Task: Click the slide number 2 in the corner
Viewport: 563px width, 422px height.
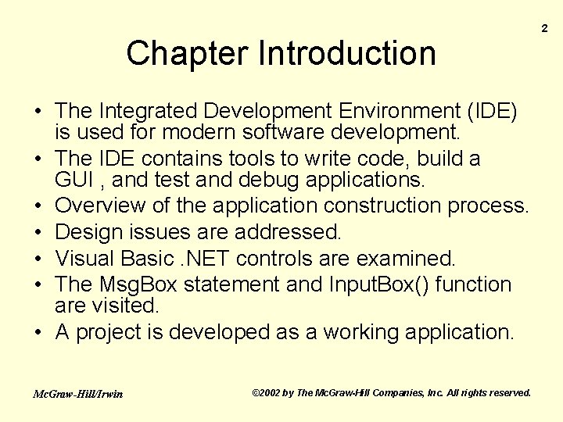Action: (x=545, y=29)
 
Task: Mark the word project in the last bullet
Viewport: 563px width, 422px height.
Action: (x=109, y=332)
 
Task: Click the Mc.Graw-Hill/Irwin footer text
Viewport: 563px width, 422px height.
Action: (x=77, y=394)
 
